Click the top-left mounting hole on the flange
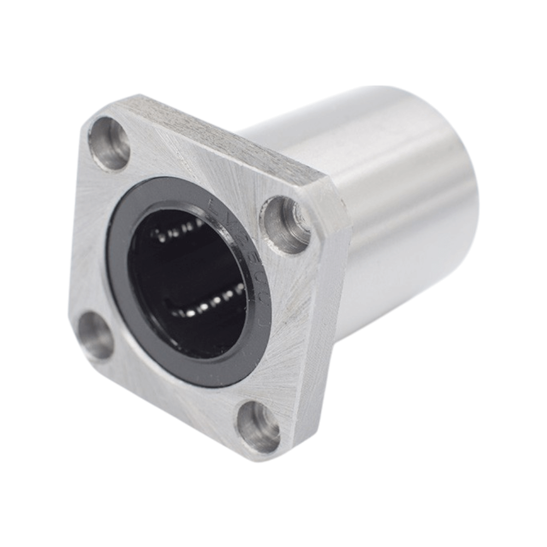pos(109,144)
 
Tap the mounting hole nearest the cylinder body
pos(285,224)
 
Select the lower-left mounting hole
pos(96,335)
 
